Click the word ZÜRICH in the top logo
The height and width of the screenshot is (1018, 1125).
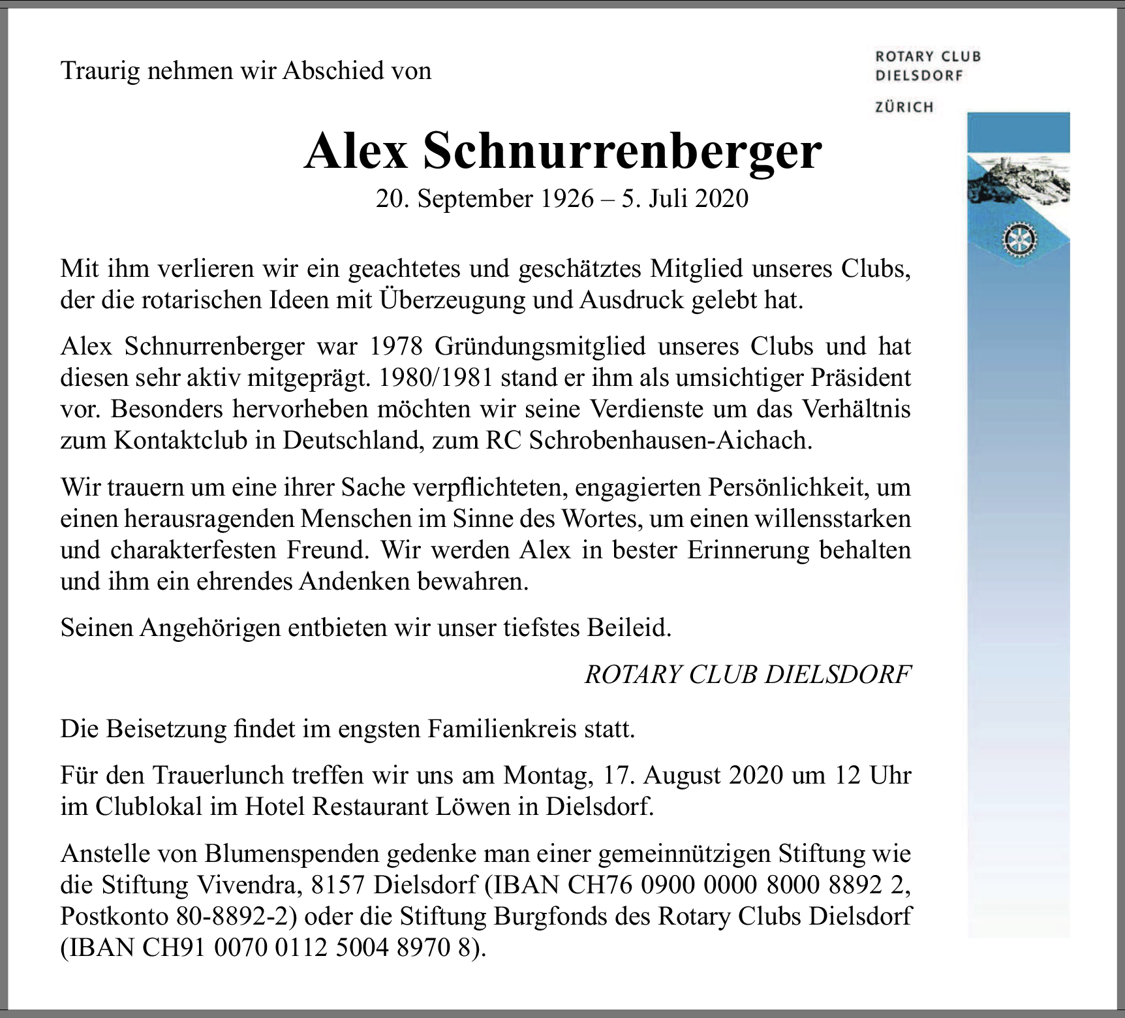pos(904,107)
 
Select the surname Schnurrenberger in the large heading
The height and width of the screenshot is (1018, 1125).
pos(623,151)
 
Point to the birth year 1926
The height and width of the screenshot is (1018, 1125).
pos(566,199)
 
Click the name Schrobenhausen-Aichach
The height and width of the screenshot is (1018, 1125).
pos(670,441)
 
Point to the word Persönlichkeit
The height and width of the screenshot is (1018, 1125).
pos(758,487)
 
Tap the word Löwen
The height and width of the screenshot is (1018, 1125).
pos(478,807)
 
